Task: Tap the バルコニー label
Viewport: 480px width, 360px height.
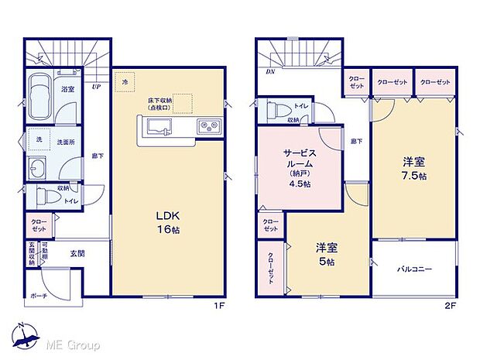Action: [415, 269]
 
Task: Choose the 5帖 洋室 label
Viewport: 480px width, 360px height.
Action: [326, 255]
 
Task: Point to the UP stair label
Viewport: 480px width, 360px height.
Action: [95, 87]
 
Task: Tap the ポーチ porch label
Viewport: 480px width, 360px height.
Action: [40, 297]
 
